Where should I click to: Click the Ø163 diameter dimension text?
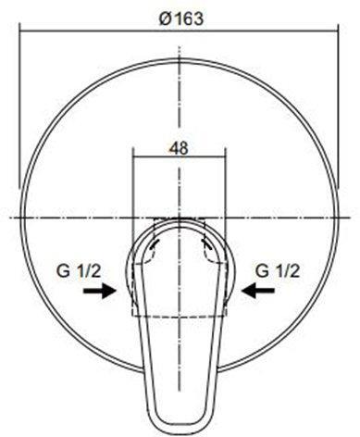[181, 19]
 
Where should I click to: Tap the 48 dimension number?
[179, 149]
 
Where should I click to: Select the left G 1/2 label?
[79, 271]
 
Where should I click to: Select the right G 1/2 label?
[278, 271]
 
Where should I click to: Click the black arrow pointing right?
[100, 291]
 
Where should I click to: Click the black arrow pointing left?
[258, 291]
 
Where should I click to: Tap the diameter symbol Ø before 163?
[165, 19]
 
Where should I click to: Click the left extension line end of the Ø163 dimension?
[19, 188]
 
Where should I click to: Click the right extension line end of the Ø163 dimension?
[338, 188]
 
